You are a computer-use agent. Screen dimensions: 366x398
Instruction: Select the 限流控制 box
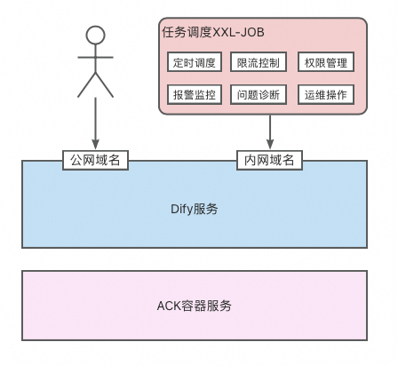click(x=258, y=62)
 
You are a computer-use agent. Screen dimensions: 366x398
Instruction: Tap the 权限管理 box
click(x=326, y=62)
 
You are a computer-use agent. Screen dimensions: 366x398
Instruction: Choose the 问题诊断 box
click(x=258, y=94)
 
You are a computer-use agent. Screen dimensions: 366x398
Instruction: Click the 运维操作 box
click(x=326, y=94)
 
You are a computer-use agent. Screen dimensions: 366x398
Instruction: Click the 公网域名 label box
click(x=95, y=160)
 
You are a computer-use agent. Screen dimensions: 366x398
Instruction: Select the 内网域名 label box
click(x=269, y=160)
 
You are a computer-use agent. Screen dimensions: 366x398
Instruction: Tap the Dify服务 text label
click(x=195, y=210)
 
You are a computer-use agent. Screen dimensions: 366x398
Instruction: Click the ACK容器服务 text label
click(x=195, y=305)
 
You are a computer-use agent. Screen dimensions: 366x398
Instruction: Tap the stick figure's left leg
click(x=86, y=86)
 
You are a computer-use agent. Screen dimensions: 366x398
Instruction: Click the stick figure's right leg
click(x=104, y=86)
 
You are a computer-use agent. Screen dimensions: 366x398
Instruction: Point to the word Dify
click(x=181, y=210)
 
